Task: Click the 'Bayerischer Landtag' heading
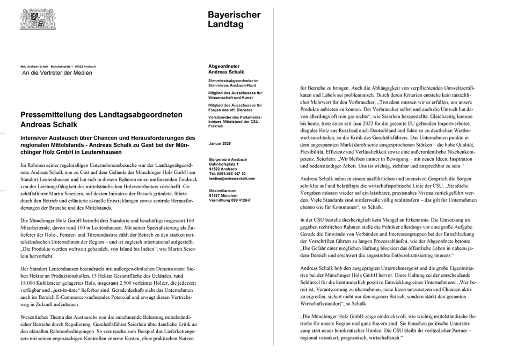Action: click(234, 19)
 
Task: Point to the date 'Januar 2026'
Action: click(220, 144)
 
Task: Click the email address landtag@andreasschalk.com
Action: click(232, 178)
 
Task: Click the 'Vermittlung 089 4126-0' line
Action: click(230, 200)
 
